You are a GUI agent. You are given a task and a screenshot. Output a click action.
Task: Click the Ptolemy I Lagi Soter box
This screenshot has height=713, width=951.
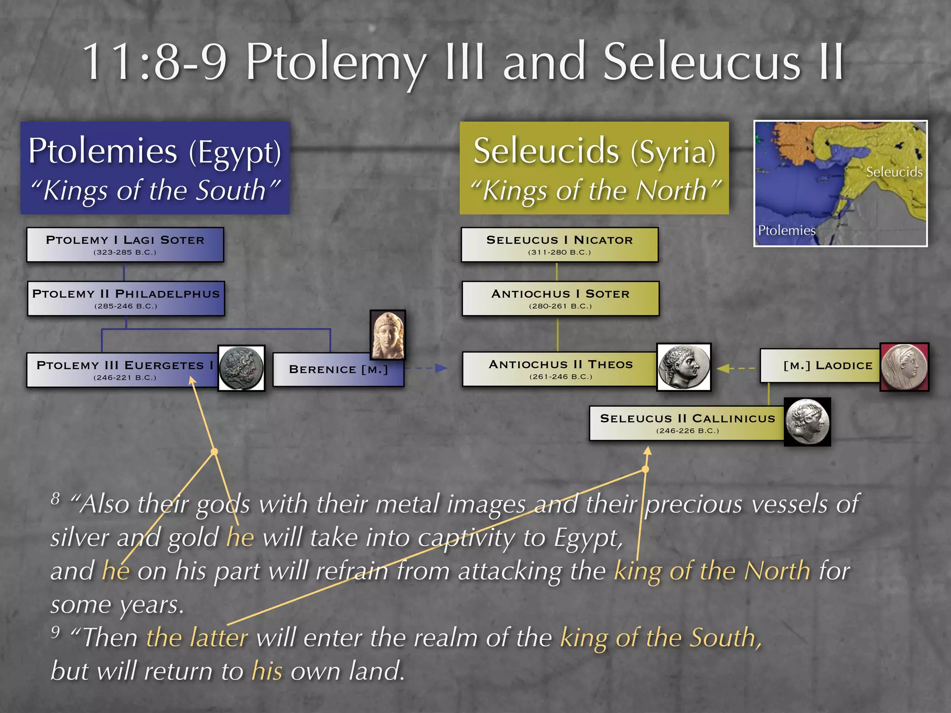pyautogui.click(x=125, y=245)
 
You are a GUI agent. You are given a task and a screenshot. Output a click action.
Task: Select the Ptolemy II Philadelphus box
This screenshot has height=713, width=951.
pyautogui.click(x=126, y=298)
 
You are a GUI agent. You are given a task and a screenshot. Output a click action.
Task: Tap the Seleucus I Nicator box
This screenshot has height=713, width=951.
pyautogui.click(x=560, y=245)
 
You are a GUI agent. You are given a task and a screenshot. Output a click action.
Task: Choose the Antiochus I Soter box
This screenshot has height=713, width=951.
pyautogui.click(x=560, y=298)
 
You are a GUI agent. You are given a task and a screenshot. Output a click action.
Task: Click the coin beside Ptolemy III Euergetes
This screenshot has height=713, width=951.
pyautogui.click(x=241, y=368)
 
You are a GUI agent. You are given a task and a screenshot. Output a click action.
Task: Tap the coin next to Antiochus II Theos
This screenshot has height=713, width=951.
pyautogui.click(x=684, y=367)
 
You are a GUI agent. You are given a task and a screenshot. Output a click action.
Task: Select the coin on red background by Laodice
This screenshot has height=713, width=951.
pyautogui.click(x=904, y=367)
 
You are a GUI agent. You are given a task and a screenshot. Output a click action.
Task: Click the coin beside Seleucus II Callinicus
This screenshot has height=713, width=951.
pyautogui.click(x=807, y=422)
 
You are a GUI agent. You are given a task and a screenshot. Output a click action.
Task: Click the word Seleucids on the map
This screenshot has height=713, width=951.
pyautogui.click(x=894, y=172)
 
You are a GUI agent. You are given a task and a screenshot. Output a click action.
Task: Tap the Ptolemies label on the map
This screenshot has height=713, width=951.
pyautogui.click(x=786, y=230)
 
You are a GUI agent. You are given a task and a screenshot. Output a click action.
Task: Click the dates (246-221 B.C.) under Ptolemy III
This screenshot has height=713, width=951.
pyautogui.click(x=125, y=378)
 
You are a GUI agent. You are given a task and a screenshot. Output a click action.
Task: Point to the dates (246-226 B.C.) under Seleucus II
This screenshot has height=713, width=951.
pyautogui.click(x=687, y=431)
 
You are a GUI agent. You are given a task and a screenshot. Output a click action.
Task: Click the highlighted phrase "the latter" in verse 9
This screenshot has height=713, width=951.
pyautogui.click(x=197, y=637)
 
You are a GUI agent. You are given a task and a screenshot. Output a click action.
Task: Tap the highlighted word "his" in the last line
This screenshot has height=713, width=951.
pyautogui.click(x=267, y=671)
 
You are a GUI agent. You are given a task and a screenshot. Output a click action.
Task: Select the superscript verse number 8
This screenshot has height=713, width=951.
pyautogui.click(x=56, y=499)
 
